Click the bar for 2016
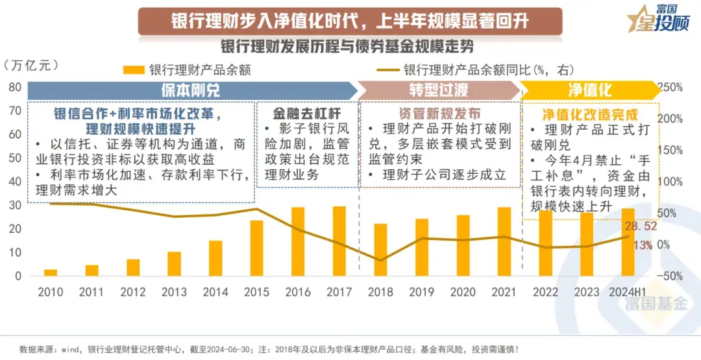298,241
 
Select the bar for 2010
50,272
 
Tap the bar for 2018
380,250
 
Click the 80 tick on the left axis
15,87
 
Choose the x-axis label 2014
215,293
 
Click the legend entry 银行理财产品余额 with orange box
188,69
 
